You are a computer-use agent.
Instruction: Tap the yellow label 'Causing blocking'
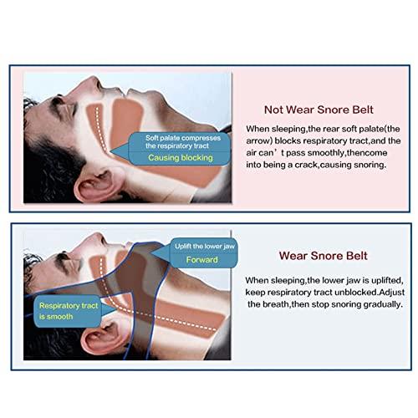(180, 157)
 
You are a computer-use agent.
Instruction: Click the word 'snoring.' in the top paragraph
(368, 165)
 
